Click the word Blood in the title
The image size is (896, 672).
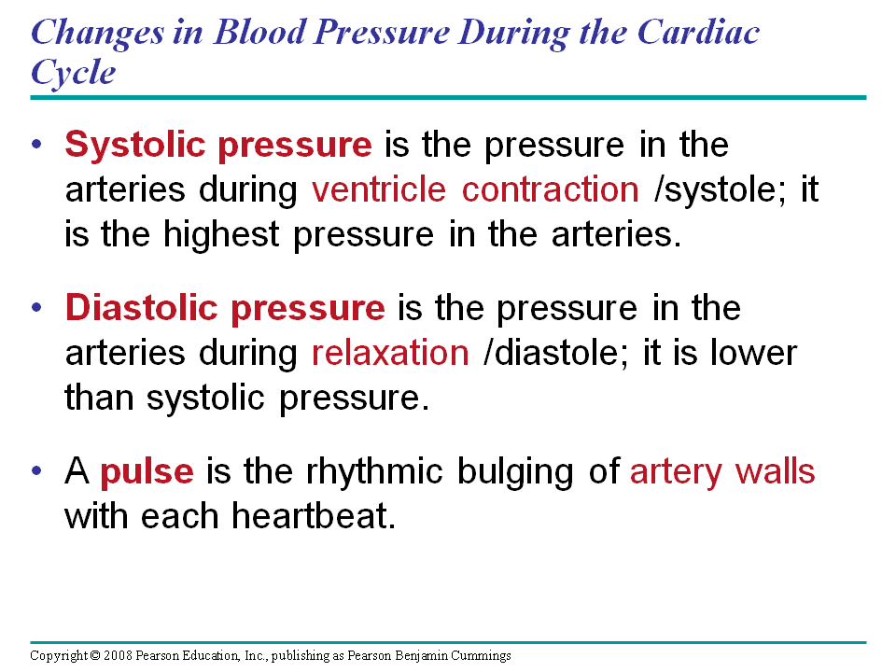pyautogui.click(x=260, y=32)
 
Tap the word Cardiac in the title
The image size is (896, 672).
pyautogui.click(x=698, y=32)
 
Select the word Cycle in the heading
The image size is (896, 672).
pyautogui.click(x=73, y=74)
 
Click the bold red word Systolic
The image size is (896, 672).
pyautogui.click(x=134, y=146)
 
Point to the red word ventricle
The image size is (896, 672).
pyautogui.click(x=378, y=189)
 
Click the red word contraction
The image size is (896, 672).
pyautogui.click(x=551, y=189)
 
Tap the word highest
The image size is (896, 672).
pyautogui.click(x=221, y=234)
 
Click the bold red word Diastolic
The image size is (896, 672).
pyautogui.click(x=142, y=307)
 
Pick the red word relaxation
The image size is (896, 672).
pyautogui.click(x=390, y=353)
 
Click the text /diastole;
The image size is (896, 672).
pyautogui.click(x=555, y=353)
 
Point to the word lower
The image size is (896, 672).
pyautogui.click(x=753, y=353)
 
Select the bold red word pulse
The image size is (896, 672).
pyautogui.click(x=147, y=472)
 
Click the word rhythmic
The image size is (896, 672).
pyautogui.click(x=374, y=471)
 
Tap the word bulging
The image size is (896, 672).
pyautogui.click(x=515, y=472)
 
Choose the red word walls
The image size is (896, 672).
pyautogui.click(x=775, y=471)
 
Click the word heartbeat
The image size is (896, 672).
pyautogui.click(x=314, y=515)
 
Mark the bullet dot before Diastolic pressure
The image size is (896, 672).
pyautogui.click(x=37, y=307)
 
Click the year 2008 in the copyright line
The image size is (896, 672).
pyautogui.click(x=118, y=655)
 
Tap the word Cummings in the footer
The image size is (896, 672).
pyautogui.click(x=480, y=656)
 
